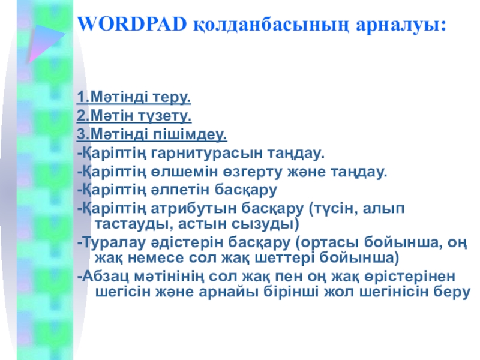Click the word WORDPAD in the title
(x=132, y=24)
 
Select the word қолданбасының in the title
(x=271, y=26)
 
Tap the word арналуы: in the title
(x=401, y=26)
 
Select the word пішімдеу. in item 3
(x=190, y=134)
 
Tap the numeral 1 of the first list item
(x=81, y=97)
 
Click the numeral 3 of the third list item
(x=81, y=134)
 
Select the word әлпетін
(x=180, y=190)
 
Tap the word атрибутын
(x=193, y=209)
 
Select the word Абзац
(x=106, y=277)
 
